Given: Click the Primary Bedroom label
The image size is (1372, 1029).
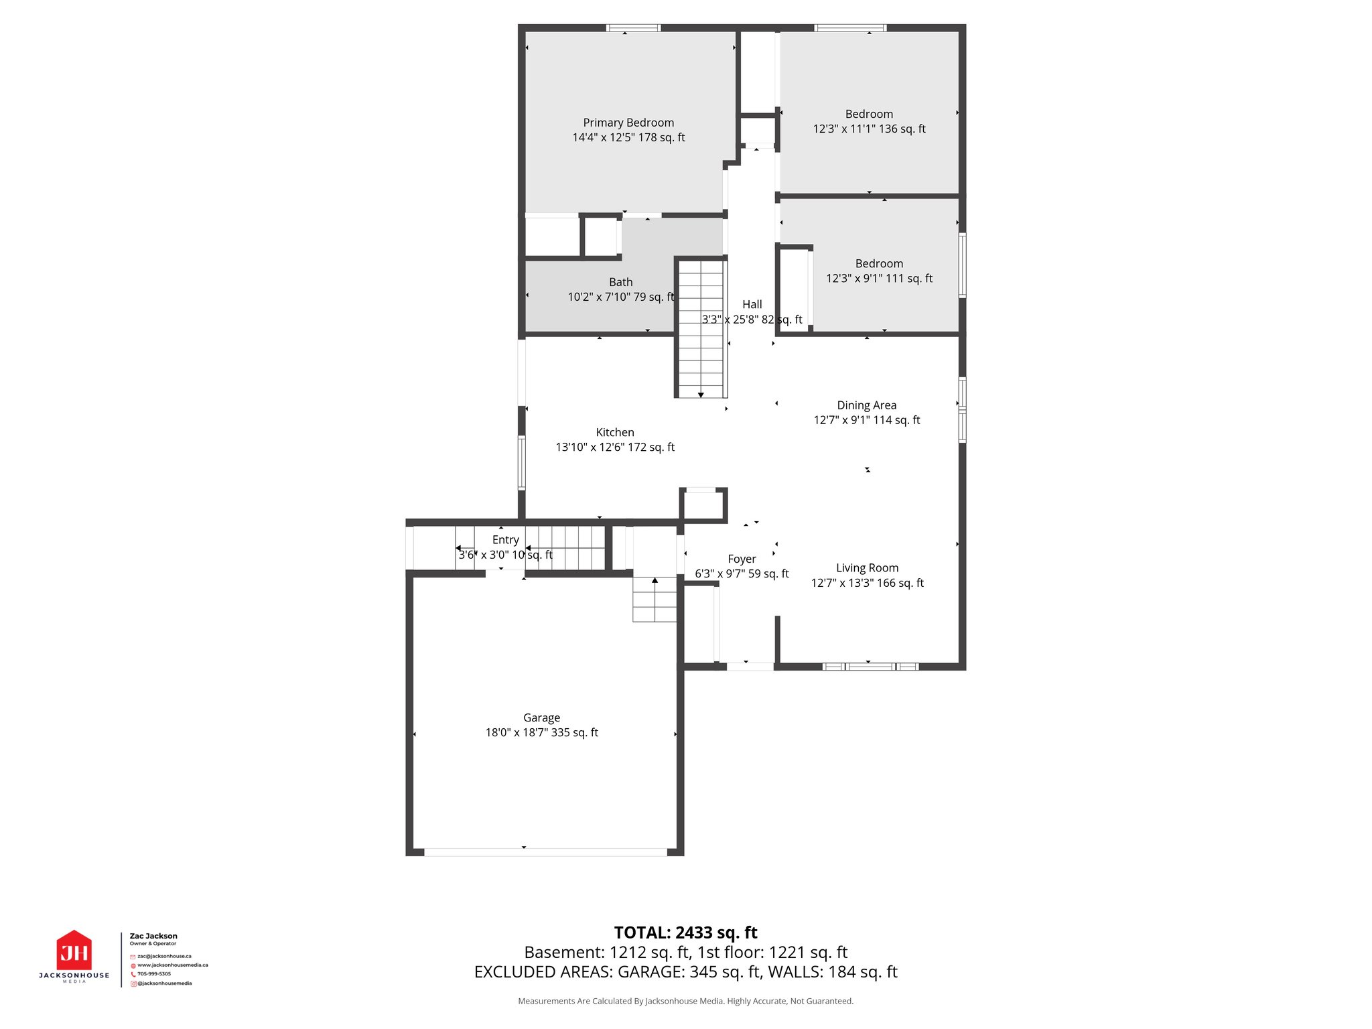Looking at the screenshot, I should [628, 123].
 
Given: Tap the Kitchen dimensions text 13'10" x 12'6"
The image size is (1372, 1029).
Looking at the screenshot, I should [615, 447].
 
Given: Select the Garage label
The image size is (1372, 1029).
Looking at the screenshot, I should [541, 717].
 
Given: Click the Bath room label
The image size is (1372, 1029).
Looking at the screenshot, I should [620, 282].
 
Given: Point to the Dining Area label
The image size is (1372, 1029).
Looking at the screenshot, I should [866, 405].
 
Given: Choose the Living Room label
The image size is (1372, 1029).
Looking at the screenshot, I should [867, 568].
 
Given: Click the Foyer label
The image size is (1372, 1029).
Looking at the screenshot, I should [742, 559].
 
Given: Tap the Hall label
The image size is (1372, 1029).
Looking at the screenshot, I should [752, 305].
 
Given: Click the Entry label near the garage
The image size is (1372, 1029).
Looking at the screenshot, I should [505, 540].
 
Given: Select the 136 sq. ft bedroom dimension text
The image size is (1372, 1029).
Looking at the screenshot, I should [869, 129].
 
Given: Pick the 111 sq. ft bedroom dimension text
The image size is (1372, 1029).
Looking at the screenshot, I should [879, 278].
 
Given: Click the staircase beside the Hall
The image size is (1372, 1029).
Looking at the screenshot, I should [701, 328].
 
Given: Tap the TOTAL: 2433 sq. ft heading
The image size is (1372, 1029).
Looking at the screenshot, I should [685, 933].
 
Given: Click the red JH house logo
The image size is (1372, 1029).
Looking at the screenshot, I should [74, 951].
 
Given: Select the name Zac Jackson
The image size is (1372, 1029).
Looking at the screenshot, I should [153, 936].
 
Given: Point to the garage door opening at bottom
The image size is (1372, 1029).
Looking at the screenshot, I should [545, 852].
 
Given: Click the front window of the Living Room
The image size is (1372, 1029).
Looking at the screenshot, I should [870, 667].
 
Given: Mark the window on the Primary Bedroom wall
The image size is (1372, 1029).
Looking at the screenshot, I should [633, 28].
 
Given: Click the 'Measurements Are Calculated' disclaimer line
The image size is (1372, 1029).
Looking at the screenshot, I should [685, 1001].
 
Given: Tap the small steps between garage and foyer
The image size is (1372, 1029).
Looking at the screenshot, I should [655, 600].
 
